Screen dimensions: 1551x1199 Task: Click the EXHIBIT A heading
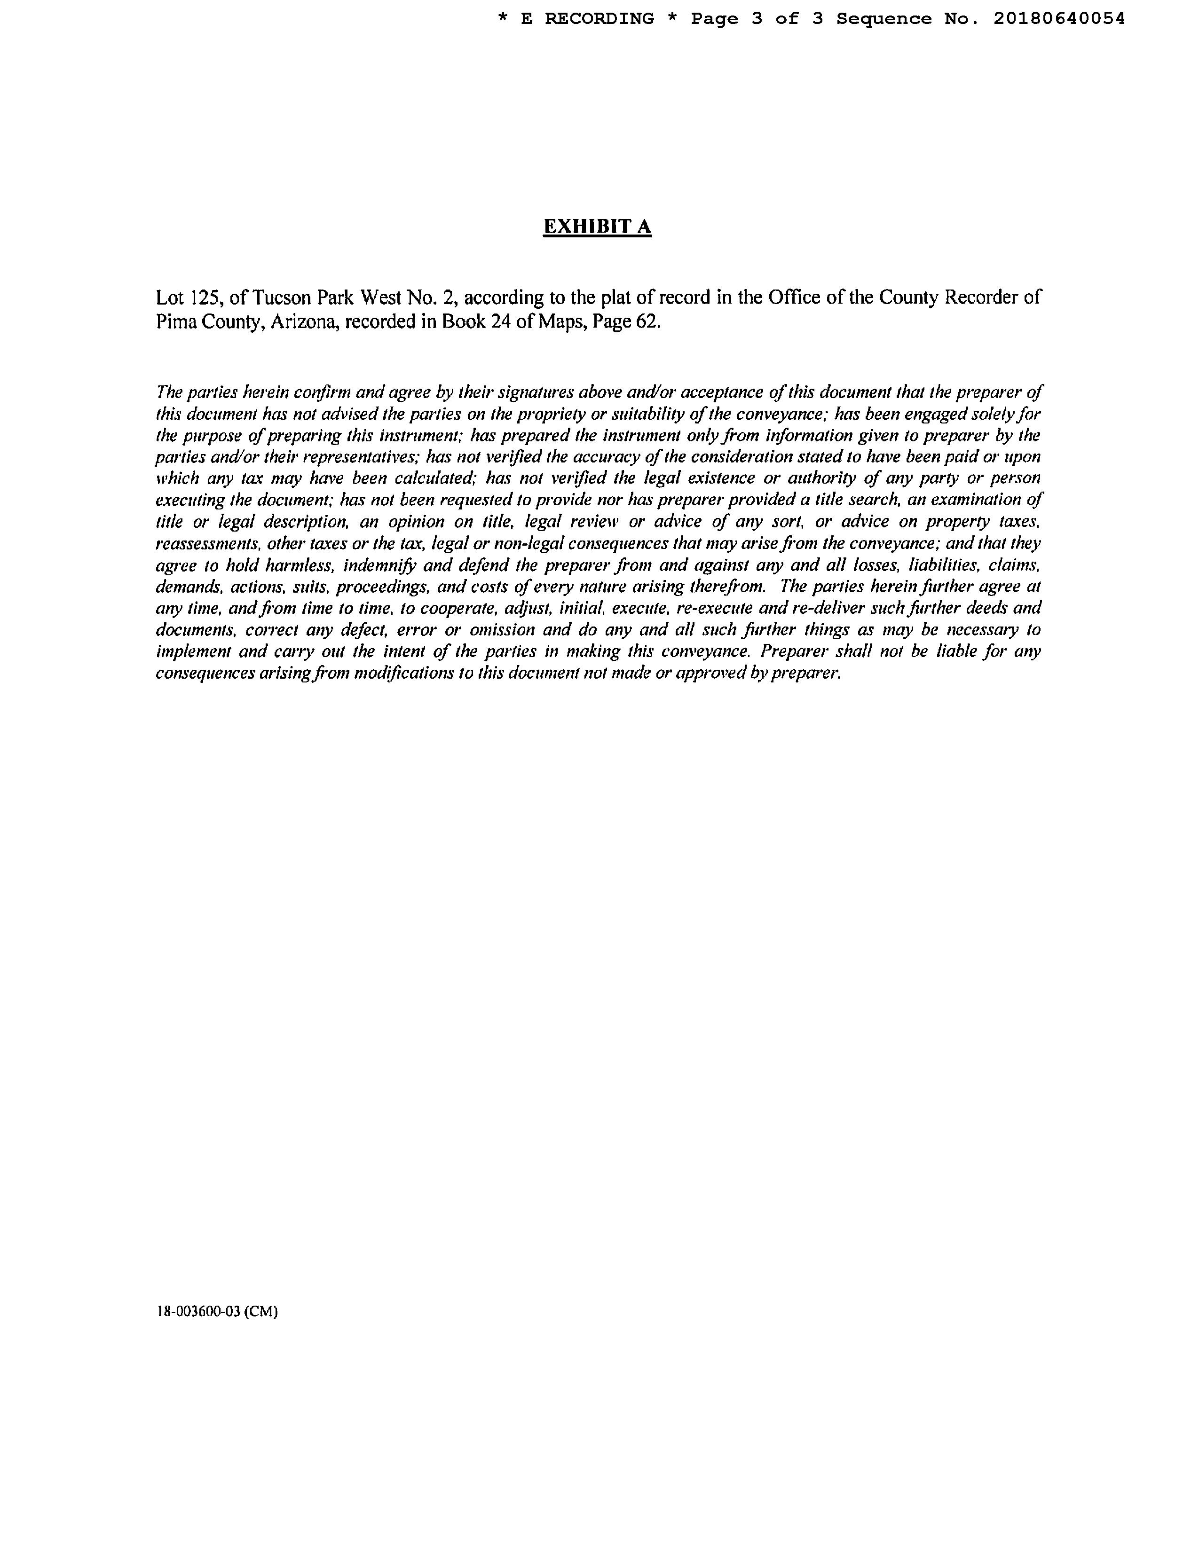point(597,227)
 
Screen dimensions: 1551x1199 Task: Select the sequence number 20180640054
point(1058,19)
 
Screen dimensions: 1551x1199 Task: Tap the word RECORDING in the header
point(599,19)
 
